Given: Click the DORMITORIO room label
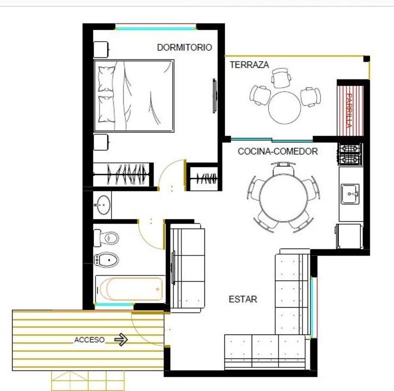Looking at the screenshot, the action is (x=184, y=47).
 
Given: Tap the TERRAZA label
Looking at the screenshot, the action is (x=250, y=65).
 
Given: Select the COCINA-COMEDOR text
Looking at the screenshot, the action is (x=278, y=151).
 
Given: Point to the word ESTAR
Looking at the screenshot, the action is (x=243, y=299).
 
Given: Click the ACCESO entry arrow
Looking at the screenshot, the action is (x=121, y=340).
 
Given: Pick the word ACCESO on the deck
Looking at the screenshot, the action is (x=89, y=340).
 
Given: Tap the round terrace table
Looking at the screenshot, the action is (x=284, y=108).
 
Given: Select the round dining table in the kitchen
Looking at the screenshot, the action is (x=284, y=197).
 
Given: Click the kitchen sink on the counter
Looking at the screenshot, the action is (x=350, y=194).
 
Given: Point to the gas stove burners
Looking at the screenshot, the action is (x=350, y=154).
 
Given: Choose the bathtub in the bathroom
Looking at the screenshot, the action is (x=130, y=289).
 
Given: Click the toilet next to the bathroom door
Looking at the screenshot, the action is (x=106, y=238).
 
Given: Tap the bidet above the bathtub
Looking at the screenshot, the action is (x=106, y=260).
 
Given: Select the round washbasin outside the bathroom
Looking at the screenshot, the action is (x=103, y=205).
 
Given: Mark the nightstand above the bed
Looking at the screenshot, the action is (x=101, y=49).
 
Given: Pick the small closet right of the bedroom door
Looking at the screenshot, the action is (x=204, y=178).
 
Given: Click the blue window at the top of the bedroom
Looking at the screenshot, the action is (x=156, y=28).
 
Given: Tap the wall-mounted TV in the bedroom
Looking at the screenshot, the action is (x=214, y=96).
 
